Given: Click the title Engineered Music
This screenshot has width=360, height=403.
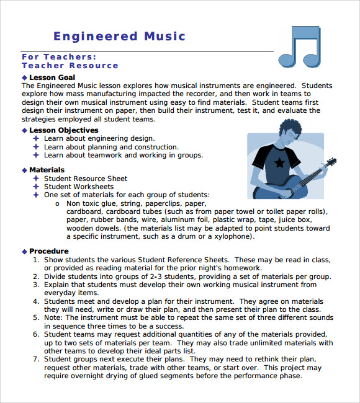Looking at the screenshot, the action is [119, 37].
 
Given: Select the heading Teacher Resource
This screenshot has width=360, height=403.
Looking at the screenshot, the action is [70, 66].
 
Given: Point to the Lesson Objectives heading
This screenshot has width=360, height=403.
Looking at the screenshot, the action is [64, 130].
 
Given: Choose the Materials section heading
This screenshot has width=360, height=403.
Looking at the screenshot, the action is [47, 170].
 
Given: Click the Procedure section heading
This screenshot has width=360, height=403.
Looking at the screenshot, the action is [49, 251].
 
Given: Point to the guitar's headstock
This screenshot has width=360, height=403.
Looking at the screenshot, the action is [330, 163].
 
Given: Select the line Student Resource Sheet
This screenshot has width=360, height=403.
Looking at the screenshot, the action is [86, 179].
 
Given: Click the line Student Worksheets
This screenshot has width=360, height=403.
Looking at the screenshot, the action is [79, 187].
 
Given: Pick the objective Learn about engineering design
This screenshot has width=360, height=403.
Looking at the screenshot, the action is [99, 139].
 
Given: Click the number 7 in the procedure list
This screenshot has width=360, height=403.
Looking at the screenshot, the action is [36, 359].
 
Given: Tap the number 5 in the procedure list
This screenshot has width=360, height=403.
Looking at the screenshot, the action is [36, 317].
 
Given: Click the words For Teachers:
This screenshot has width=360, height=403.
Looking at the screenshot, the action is [59, 56].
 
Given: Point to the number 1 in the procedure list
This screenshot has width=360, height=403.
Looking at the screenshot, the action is [36, 260].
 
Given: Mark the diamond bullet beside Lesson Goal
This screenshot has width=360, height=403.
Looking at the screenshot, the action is [24, 77].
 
